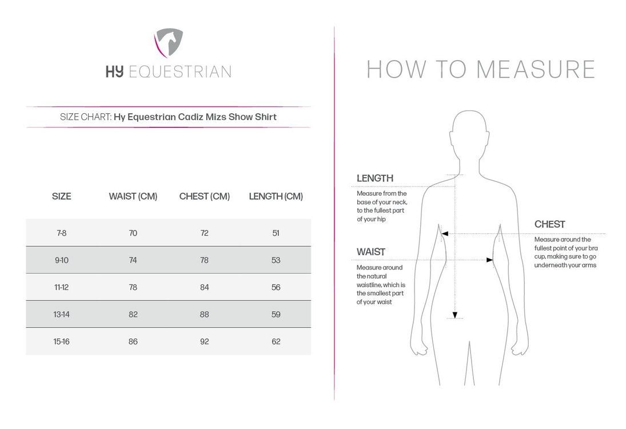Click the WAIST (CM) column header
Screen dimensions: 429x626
click(133, 196)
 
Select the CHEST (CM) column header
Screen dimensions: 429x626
click(204, 196)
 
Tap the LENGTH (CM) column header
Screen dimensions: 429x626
click(276, 196)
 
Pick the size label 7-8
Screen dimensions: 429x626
click(61, 233)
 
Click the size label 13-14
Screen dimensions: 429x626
click(61, 314)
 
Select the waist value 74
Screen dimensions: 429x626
click(133, 260)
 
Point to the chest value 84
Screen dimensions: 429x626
click(204, 287)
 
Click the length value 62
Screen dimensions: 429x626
click(276, 341)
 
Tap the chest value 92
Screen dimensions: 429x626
click(204, 341)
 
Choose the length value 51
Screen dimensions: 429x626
click(276, 233)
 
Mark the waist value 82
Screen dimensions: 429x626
click(133, 314)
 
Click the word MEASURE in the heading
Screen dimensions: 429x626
click(536, 69)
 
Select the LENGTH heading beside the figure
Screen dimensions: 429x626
click(374, 178)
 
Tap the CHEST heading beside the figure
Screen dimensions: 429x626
click(549, 224)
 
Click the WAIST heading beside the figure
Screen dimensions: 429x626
click(371, 252)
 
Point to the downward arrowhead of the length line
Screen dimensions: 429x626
click(455, 315)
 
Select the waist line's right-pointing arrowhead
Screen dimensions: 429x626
click(489, 260)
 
